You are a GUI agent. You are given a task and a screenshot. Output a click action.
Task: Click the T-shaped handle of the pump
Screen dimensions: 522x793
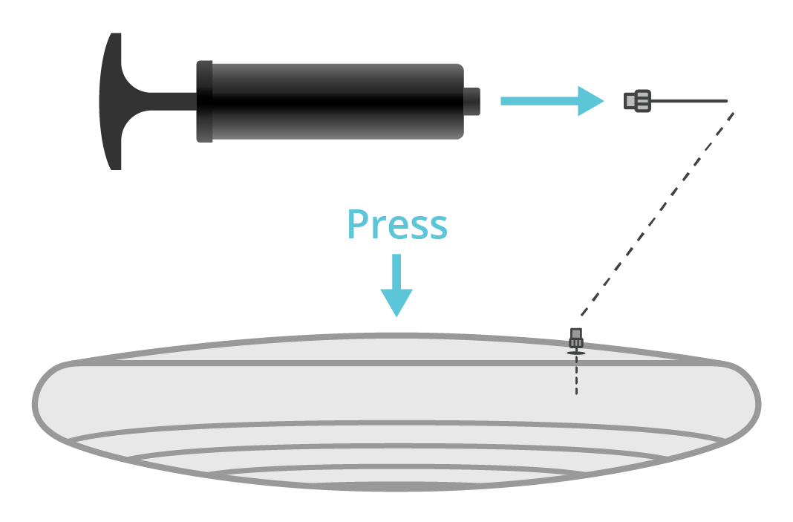click(x=111, y=101)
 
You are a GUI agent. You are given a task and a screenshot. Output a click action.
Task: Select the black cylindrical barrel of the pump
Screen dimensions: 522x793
click(x=334, y=101)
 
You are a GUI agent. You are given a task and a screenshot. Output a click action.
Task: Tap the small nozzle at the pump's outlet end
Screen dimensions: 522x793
click(x=472, y=101)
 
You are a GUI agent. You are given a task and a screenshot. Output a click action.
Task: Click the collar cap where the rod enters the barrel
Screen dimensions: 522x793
click(x=205, y=101)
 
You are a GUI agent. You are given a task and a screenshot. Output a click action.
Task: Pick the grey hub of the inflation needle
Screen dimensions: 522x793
click(x=638, y=101)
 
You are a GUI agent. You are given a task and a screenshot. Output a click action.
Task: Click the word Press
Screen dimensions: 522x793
click(x=397, y=224)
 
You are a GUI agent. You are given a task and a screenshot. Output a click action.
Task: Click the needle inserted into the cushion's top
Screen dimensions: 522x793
click(x=576, y=338)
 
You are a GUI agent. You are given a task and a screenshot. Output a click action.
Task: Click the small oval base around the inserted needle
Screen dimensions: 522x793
click(x=576, y=353)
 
